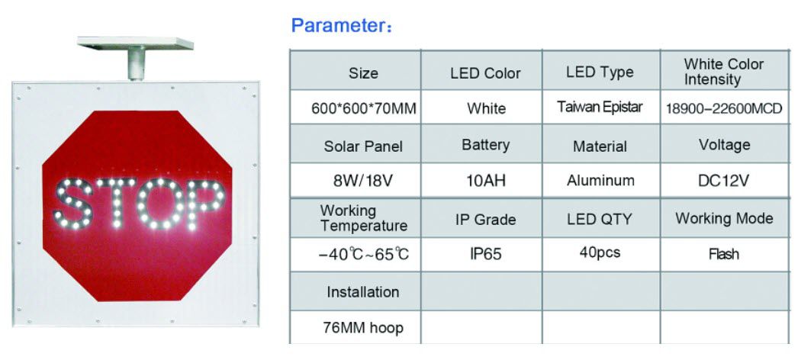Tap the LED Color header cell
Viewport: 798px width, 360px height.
click(485, 73)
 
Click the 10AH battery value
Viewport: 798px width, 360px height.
click(485, 182)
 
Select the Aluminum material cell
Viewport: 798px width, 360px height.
click(600, 181)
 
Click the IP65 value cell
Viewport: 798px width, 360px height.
click(485, 254)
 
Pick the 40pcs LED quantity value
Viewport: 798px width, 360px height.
click(600, 252)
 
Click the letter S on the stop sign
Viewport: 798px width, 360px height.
click(72, 204)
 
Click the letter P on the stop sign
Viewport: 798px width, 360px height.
click(201, 204)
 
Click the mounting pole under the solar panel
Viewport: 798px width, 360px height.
click(136, 64)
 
